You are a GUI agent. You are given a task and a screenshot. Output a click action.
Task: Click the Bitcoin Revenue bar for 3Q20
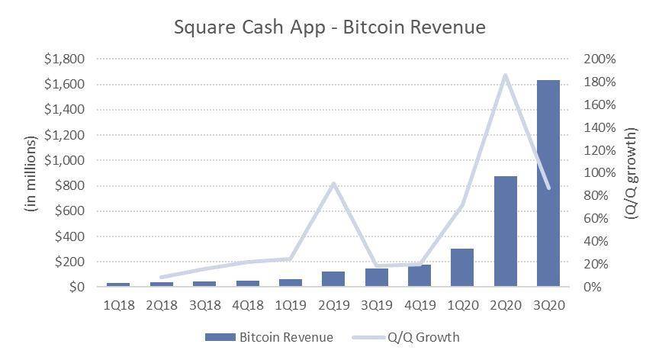(548, 183)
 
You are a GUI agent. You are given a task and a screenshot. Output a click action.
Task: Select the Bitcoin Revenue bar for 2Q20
(505, 232)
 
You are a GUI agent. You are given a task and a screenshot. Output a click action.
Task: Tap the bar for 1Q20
(462, 268)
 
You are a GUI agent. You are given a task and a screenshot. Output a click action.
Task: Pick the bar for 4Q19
(420, 276)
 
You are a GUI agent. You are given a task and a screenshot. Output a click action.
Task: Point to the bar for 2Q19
(333, 279)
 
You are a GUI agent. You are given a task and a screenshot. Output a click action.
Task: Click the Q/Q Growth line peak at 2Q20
(505, 76)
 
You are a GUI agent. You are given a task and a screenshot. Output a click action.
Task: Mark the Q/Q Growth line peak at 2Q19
(333, 184)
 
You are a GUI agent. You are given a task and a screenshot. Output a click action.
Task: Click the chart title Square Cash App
(329, 27)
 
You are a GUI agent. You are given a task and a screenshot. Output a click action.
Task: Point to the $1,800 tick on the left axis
(65, 59)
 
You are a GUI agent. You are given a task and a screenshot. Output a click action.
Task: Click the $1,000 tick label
(65, 160)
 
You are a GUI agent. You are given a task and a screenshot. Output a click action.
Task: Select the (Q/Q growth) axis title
(632, 173)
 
